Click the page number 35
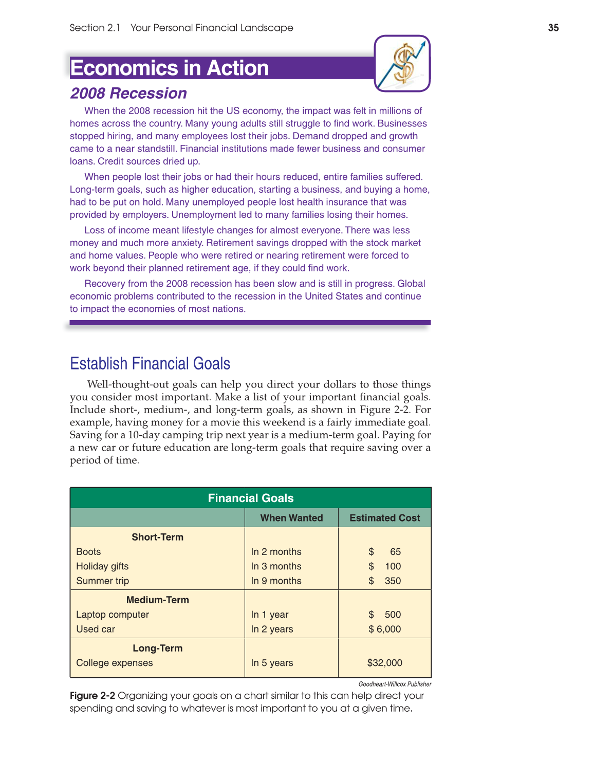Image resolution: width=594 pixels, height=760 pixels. pyautogui.click(x=553, y=28)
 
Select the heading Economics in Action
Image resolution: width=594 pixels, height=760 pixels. pyautogui.click(x=170, y=68)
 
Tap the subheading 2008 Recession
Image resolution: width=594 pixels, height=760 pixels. pyautogui.click(x=128, y=93)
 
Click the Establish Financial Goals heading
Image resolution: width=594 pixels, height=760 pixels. pyautogui.click(x=150, y=363)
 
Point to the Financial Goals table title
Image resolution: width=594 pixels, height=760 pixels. pyautogui.click(x=250, y=498)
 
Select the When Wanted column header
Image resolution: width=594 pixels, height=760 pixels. pyautogui.click(x=291, y=518)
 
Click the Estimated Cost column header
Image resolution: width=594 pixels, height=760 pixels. pyautogui.click(x=384, y=518)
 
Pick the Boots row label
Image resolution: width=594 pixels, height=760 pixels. pyautogui.click(x=88, y=551)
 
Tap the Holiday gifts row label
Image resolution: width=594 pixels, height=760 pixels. pyautogui.click(x=102, y=566)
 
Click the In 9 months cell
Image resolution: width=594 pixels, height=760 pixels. pyautogui.click(x=276, y=581)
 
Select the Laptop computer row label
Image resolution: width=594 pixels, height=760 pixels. pyautogui.click(x=113, y=615)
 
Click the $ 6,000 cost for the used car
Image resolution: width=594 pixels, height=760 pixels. pyautogui.click(x=384, y=629)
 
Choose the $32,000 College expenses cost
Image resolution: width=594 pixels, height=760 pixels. pyautogui.click(x=384, y=663)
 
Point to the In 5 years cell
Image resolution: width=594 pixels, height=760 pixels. pyautogui.click(x=272, y=663)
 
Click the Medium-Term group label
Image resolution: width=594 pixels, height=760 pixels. pyautogui.click(x=157, y=600)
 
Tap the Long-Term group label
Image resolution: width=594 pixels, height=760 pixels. pyautogui.click(x=157, y=648)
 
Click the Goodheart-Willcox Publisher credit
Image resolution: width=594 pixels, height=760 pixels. pyautogui.click(x=395, y=684)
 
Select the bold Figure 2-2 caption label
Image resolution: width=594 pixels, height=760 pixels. pyautogui.click(x=92, y=696)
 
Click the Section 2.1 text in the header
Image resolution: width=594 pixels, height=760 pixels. pyautogui.click(x=95, y=28)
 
